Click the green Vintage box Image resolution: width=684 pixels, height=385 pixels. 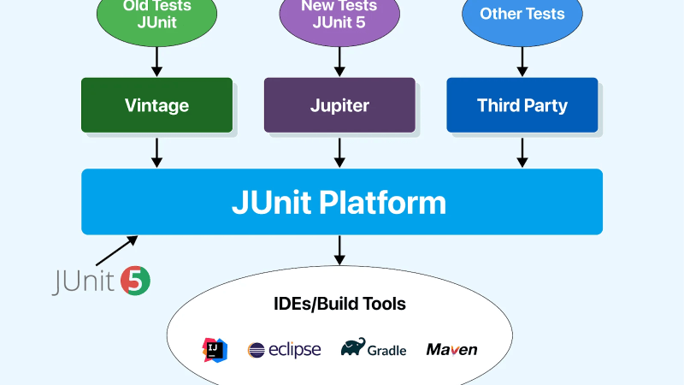[x=156, y=105]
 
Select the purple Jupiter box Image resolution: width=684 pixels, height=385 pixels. [x=339, y=105]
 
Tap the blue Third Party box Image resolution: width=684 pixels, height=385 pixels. [x=522, y=105]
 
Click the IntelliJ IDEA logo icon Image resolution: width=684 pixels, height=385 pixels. [x=215, y=349]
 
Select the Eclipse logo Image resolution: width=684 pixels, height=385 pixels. [x=284, y=349]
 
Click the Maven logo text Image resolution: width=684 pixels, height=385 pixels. [x=451, y=349]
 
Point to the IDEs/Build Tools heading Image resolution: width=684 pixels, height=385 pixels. [x=339, y=304]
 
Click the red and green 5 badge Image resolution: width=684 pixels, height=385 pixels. [x=136, y=281]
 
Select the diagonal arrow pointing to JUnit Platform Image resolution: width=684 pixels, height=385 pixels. [x=115, y=252]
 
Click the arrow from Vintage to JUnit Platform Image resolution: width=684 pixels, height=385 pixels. [x=156, y=151]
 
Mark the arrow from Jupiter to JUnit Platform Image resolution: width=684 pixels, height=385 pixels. [x=339, y=151]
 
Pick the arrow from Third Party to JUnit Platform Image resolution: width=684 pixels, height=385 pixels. [x=522, y=151]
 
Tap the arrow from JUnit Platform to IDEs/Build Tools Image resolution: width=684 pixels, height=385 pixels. [x=339, y=249]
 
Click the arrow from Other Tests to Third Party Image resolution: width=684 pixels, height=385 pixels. [x=522, y=60]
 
